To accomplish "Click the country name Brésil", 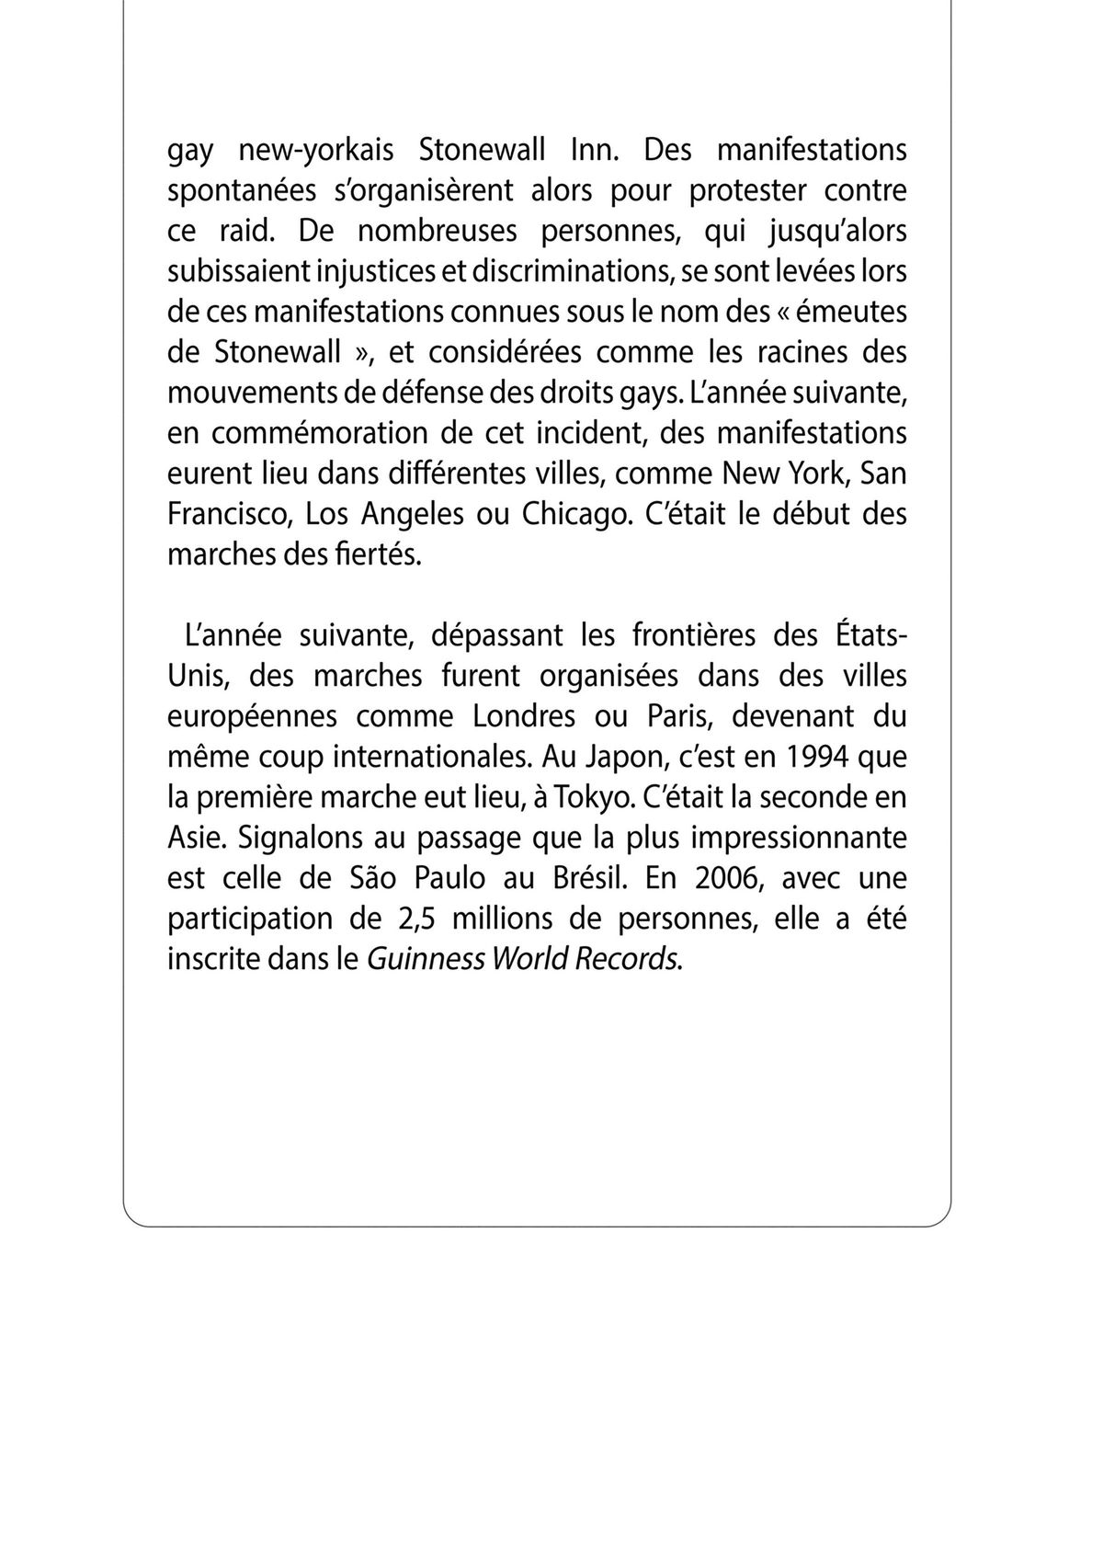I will pyautogui.click(x=586, y=877).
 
